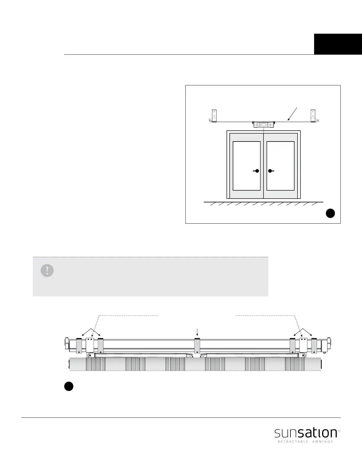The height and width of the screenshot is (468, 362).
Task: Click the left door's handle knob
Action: pyautogui.click(x=257, y=171)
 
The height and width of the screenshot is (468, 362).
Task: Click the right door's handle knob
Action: pyautogui.click(x=270, y=171)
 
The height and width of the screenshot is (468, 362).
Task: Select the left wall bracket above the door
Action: pyautogui.click(x=214, y=116)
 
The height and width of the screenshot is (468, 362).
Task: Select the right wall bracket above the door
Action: pyautogui.click(x=313, y=116)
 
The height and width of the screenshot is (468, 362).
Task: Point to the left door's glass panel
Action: pyautogui.click(x=247, y=166)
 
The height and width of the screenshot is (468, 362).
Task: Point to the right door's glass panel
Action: pyautogui.click(x=280, y=166)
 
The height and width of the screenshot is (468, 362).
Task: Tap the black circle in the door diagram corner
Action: pyautogui.click(x=330, y=213)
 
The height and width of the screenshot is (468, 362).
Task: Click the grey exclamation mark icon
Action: pyautogui.click(x=47, y=270)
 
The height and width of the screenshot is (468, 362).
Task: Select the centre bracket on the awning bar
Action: pyautogui.click(x=197, y=346)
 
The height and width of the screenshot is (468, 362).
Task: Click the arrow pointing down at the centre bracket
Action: pyautogui.click(x=197, y=332)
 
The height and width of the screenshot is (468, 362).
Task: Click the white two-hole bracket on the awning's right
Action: pyautogui.click(x=303, y=345)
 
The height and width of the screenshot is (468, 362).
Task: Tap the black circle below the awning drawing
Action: pyautogui.click(x=69, y=386)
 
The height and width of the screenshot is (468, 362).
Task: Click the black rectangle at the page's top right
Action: pyautogui.click(x=338, y=44)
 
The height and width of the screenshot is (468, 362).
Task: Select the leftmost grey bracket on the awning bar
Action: pyautogui.click(x=79, y=346)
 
